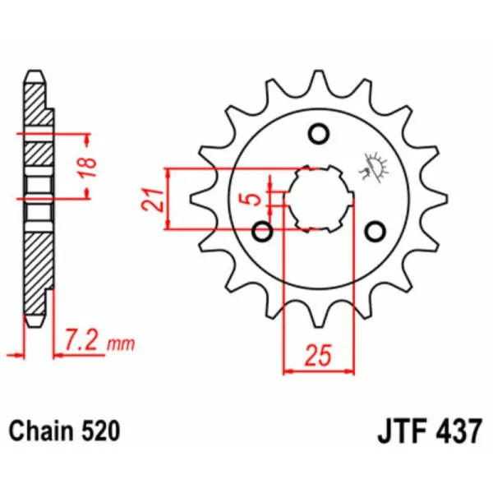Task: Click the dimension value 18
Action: (92, 164)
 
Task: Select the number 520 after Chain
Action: (101, 431)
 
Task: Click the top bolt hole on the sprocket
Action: (319, 133)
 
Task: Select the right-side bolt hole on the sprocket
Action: (376, 231)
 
